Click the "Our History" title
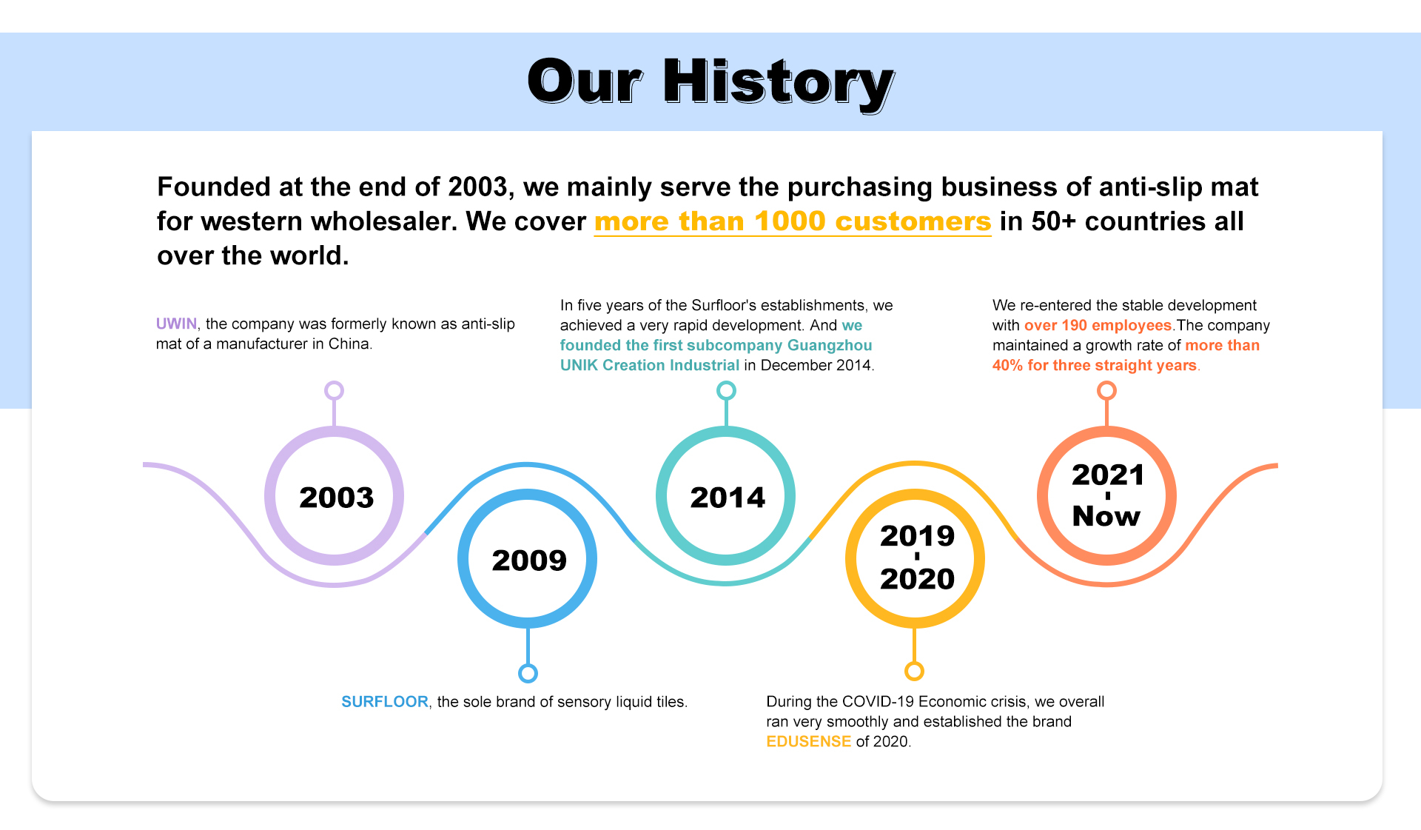pyautogui.click(x=710, y=83)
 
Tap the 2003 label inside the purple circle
pyautogui.click(x=336, y=498)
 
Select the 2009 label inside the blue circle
pyautogui.click(x=529, y=560)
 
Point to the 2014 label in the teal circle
pyautogui.click(x=728, y=498)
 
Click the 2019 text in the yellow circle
pyautogui.click(x=917, y=536)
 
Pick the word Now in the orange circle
pyautogui.click(x=1106, y=516)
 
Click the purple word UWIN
pyautogui.click(x=176, y=324)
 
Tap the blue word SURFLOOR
pyautogui.click(x=385, y=702)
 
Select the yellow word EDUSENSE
pyautogui.click(x=809, y=741)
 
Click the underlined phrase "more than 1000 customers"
pyautogui.click(x=793, y=221)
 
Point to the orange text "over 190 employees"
pyautogui.click(x=1098, y=325)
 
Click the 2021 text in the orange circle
pyautogui.click(x=1108, y=475)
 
